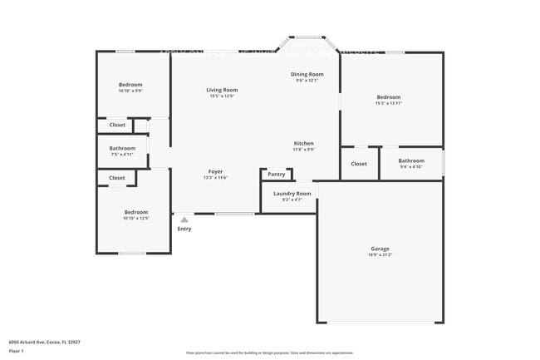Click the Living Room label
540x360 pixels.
222,90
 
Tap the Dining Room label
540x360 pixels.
307,74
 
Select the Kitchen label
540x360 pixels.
303,144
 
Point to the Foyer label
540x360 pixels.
215,171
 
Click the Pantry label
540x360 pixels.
277,175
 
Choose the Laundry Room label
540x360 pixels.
292,193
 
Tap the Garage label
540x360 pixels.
380,249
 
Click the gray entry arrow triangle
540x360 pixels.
184,219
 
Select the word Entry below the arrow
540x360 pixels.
184,229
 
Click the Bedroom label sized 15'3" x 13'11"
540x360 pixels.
388,97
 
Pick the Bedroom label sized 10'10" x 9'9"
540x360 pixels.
130,85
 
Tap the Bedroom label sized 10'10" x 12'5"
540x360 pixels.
136,212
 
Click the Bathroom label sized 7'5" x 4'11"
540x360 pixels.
122,148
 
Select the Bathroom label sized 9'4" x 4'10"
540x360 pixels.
411,160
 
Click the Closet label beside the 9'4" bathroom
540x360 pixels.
359,164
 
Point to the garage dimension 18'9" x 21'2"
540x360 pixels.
380,255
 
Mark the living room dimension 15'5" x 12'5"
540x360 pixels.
222,96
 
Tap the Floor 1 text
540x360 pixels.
17,351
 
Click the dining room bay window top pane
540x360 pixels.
308,37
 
